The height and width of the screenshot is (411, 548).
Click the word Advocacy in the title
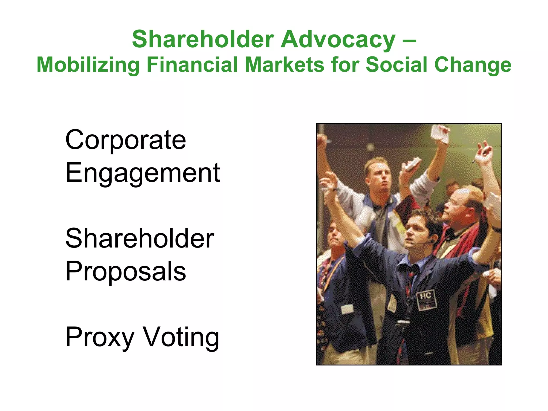(338, 40)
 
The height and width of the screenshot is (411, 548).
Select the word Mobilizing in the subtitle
(88, 65)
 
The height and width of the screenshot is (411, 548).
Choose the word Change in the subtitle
(473, 65)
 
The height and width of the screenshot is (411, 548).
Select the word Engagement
(143, 173)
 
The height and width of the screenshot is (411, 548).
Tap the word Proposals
(125, 271)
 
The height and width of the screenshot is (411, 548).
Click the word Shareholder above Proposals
(140, 238)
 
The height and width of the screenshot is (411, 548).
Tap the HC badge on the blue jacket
(426, 300)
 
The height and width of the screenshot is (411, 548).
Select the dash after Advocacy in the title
(409, 41)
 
